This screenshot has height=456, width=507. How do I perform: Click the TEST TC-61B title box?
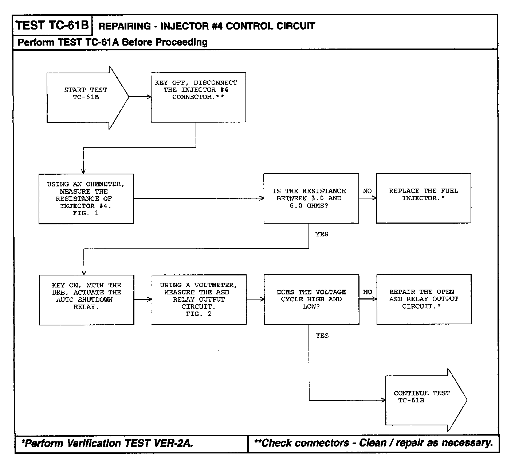click(52, 25)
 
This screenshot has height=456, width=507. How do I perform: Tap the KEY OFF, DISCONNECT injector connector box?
click(199, 97)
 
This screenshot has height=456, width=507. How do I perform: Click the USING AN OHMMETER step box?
click(86, 198)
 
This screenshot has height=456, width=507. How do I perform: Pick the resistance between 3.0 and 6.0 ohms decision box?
click(311, 198)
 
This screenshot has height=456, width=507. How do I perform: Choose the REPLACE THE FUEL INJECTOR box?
click(423, 198)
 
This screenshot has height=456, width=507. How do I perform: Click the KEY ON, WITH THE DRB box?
click(87, 300)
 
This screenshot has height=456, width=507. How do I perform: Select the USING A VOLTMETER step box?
click(199, 300)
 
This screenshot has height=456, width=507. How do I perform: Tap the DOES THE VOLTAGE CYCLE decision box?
click(311, 300)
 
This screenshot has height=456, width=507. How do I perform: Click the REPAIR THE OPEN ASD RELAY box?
click(424, 299)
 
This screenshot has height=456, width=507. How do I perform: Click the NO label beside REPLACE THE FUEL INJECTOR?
click(367, 191)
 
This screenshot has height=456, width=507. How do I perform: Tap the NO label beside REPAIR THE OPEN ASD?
click(368, 292)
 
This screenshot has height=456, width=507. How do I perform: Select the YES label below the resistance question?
click(322, 235)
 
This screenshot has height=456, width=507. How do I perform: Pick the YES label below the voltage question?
click(322, 336)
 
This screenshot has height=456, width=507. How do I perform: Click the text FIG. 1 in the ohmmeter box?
click(86, 213)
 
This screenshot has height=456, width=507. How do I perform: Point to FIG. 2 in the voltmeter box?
click(199, 314)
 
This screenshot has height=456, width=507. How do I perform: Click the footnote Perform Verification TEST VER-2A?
click(107, 443)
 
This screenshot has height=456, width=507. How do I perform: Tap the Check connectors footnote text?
click(373, 443)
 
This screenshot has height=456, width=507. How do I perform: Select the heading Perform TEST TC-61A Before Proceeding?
click(113, 42)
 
